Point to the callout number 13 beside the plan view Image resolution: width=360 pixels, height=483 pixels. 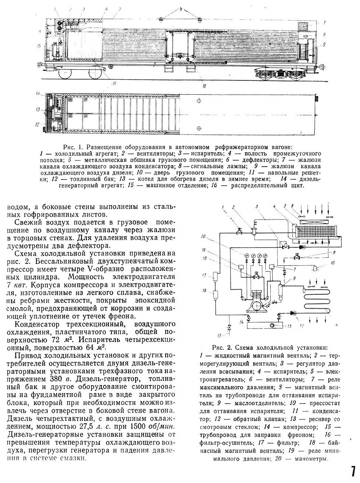[38, 109]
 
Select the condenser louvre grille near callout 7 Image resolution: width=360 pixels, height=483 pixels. [304, 27]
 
